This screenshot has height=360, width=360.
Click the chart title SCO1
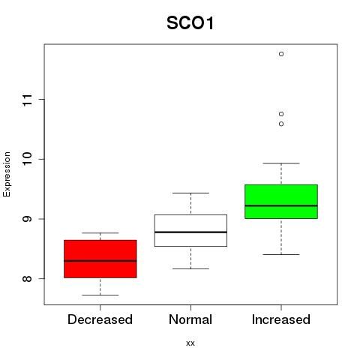coord(190,23)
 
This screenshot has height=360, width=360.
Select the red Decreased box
coord(100,259)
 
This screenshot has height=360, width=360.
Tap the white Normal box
coord(190,230)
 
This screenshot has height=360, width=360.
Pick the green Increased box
coord(281,202)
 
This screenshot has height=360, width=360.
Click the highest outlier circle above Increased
coord(281,54)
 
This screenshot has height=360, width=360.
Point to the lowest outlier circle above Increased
coord(281,124)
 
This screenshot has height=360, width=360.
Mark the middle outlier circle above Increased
coord(281,114)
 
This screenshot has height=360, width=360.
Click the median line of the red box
coord(100,261)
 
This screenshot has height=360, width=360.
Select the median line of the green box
coord(281,205)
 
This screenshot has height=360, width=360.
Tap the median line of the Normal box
coord(190,232)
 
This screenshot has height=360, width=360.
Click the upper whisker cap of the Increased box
coord(281,163)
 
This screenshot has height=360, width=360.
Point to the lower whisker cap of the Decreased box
coord(100,295)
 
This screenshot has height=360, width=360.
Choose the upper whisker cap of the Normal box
coord(190,193)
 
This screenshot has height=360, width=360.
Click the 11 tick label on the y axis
coord(27,100)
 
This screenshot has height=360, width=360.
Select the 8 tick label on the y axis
coord(27,278)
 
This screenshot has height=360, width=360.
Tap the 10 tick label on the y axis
coord(27,159)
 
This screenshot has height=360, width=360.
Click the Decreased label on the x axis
coord(100,319)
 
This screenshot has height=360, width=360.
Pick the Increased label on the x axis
coord(281,319)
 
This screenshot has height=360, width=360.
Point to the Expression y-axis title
coord(7,174)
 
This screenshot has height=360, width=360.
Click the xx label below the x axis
coord(190,343)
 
